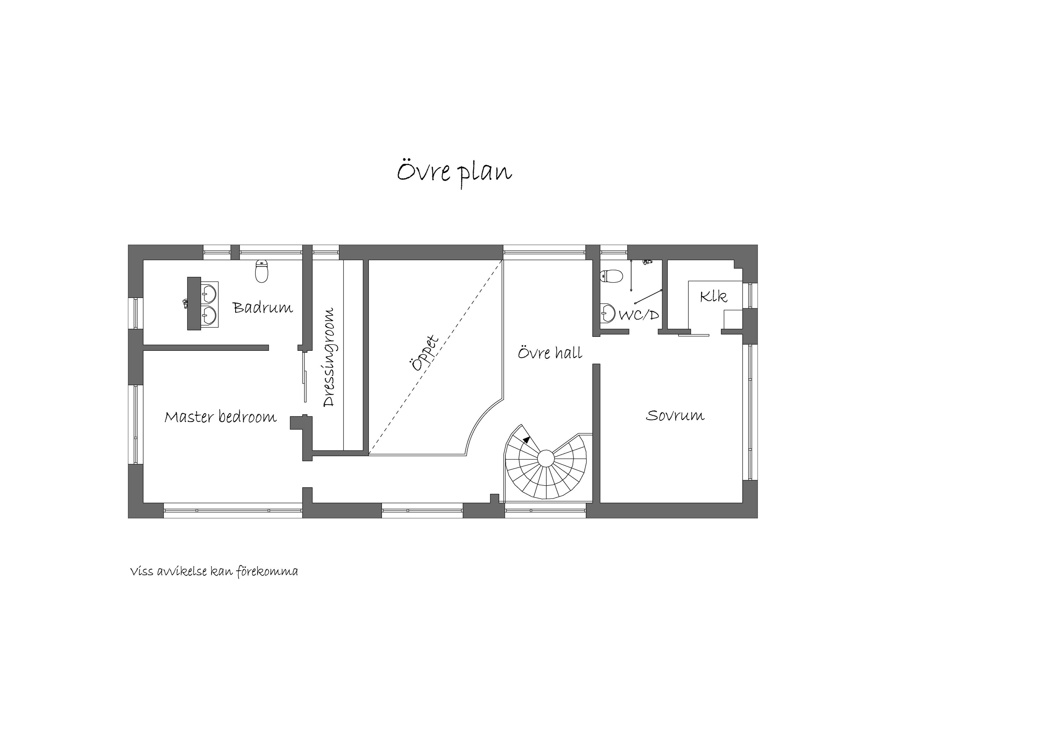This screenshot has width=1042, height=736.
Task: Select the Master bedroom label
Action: point(221,417)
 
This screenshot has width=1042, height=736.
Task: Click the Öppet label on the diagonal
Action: point(424,353)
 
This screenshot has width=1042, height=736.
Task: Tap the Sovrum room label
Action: point(675,415)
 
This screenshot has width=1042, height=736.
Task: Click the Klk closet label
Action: point(713,296)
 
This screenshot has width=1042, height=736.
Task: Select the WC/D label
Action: point(639,315)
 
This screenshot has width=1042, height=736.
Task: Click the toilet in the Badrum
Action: point(261,271)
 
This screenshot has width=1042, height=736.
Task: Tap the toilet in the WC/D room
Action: point(611,276)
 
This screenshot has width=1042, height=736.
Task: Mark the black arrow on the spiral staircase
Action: point(526,439)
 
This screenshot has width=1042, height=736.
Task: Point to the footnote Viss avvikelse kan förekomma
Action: point(214,571)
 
